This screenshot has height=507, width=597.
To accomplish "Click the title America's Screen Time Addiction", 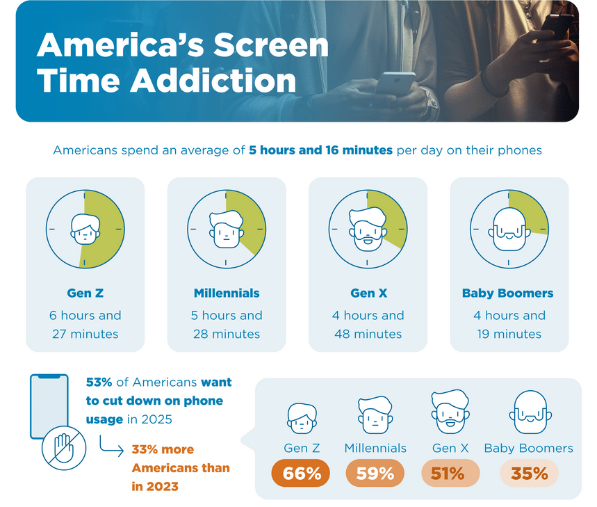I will point(182,63).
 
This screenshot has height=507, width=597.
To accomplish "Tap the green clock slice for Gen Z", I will point(103,230).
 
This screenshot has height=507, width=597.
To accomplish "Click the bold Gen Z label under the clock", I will point(85,293).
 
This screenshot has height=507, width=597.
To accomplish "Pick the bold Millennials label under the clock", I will point(227,293).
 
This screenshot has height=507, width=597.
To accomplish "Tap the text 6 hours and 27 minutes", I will point(85,325).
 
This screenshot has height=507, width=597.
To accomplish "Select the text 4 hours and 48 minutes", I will point(368,325).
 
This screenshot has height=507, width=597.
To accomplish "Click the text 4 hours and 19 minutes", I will point(509,325).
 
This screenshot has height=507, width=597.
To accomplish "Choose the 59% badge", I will point(375,474).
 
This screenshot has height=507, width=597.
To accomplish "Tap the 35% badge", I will point(529,474).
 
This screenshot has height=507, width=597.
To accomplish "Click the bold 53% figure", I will point(97,383).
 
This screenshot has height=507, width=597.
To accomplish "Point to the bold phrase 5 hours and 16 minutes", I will point(320,150).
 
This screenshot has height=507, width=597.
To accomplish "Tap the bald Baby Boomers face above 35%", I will point(529,413).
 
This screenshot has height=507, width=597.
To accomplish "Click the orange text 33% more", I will point(163,449).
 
